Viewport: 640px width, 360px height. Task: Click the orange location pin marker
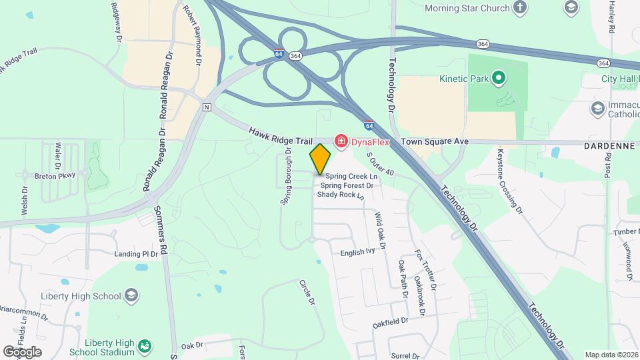320,159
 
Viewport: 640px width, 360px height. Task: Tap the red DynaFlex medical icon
341,141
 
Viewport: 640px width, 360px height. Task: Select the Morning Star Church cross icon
519,8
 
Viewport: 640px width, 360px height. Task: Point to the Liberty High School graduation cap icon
131,295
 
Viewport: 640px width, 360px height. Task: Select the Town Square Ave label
434,142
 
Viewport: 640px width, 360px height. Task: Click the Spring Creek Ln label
351,176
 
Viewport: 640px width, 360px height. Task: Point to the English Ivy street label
358,252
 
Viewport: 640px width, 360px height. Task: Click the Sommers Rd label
159,223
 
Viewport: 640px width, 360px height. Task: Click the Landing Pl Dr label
136,254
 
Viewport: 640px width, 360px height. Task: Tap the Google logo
22,351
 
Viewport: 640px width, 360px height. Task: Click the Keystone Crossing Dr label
509,180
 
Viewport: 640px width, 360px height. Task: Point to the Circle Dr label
306,292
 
